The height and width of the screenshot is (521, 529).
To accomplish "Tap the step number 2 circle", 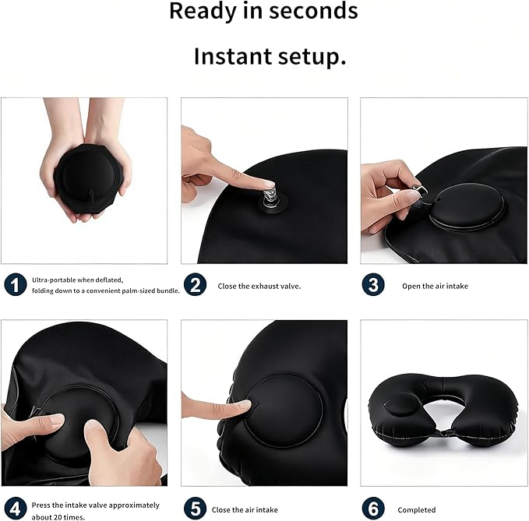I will tap(195, 285).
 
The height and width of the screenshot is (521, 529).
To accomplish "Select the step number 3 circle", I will tap(373, 285).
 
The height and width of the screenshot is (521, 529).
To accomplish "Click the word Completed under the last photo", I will tap(417, 510).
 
